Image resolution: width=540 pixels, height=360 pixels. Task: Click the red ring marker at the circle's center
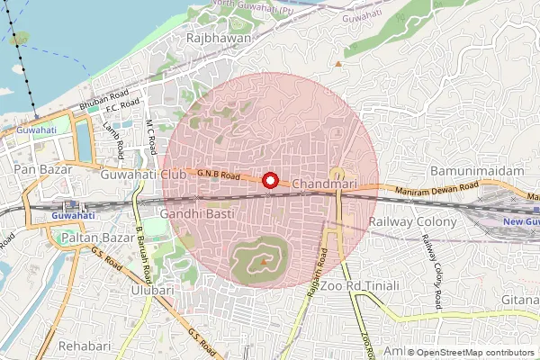coord(269,180)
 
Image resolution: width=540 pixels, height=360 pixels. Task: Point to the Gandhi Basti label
coord(196,214)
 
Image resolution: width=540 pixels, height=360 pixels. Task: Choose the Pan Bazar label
coord(37,168)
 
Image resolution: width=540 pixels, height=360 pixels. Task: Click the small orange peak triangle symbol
coord(339,64)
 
